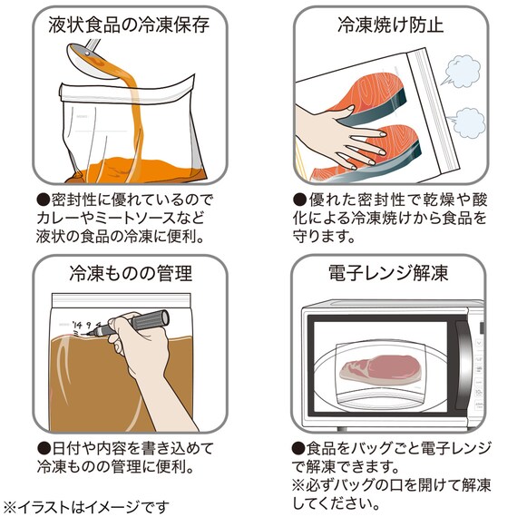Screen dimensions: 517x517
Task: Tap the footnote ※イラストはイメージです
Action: tap(86, 505)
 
